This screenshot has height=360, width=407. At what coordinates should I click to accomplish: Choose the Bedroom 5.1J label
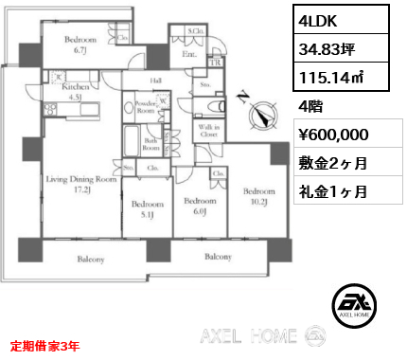pos(146,209)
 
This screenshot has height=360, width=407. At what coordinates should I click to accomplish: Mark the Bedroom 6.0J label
pos(199,206)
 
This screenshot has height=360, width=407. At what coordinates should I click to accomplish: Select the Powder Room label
pos(146,107)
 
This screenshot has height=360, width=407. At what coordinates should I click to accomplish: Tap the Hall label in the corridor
pos(157,81)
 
